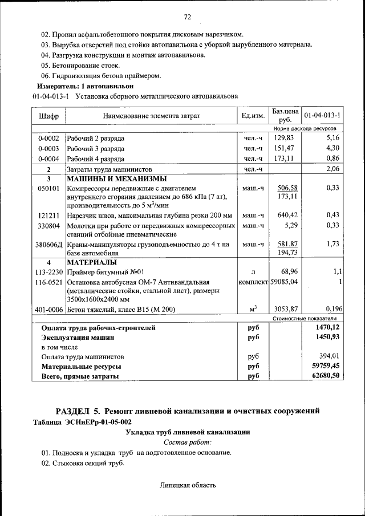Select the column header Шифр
point(48,116)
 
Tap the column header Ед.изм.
point(253,116)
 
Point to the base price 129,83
point(283,138)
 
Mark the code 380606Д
point(48,244)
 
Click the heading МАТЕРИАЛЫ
point(92,262)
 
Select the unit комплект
point(253,282)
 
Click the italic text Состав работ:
point(188,442)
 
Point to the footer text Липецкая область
point(188,485)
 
